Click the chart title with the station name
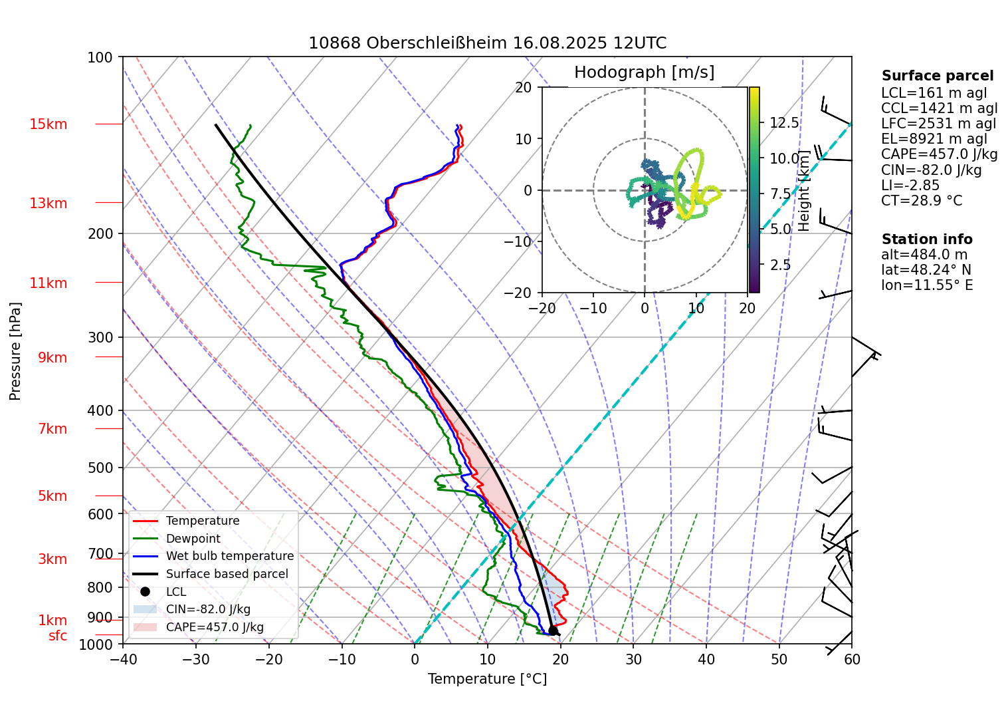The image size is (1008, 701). [x=487, y=43]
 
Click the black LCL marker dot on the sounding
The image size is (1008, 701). [x=553, y=631]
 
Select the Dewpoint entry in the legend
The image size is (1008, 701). [x=193, y=539]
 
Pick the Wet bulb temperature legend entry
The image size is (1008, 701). [x=229, y=556]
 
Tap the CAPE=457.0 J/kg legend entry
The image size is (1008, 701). [x=214, y=627]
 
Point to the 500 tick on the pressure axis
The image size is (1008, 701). [x=100, y=468]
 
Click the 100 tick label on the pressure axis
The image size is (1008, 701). [x=100, y=57]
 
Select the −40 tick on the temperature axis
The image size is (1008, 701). [x=123, y=660]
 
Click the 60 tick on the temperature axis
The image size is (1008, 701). [x=852, y=660]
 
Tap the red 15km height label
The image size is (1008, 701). [x=48, y=124]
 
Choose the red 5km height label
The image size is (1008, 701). [x=52, y=496]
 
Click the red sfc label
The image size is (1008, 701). [x=58, y=636]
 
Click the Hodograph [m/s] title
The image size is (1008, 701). [x=644, y=72]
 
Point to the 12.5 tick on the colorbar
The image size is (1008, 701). [x=784, y=123]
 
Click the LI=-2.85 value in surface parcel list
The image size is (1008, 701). [x=910, y=186]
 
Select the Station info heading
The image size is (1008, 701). [x=927, y=239]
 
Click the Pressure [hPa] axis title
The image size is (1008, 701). [x=15, y=351]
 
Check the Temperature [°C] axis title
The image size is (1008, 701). [x=487, y=679]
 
